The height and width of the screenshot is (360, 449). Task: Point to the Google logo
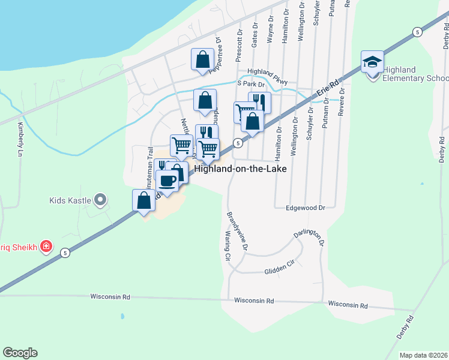[20, 353]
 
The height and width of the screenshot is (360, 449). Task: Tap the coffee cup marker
[167, 180]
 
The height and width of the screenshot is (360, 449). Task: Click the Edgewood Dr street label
[306, 208]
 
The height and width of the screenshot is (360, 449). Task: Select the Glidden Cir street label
[280, 271]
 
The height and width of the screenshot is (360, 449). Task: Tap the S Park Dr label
[250, 85]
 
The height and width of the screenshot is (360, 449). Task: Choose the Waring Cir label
[228, 246]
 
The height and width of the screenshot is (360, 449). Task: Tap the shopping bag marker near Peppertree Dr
[202, 59]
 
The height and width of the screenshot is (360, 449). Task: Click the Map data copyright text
[424, 355]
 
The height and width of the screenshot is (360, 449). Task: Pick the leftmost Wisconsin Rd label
[110, 297]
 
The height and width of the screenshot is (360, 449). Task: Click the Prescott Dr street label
[239, 39]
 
